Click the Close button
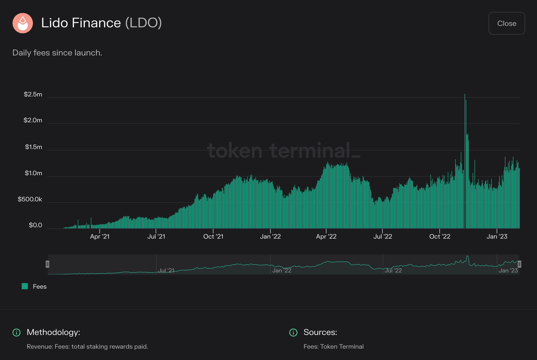pos(507,23)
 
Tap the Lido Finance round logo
pos(23,23)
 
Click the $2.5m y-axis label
pos(33,94)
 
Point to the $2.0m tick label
pos(33,120)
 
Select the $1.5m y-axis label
pos(34,147)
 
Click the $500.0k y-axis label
pos(30,199)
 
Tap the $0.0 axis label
pos(36,225)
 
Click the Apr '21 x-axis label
pos(100,237)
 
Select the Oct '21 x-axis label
pos(213,237)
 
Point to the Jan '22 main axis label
pos(270,237)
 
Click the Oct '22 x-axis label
pos(440,237)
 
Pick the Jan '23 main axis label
pos(497,237)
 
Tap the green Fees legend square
pos(25,286)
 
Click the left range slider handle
pos(47,264)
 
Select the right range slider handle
pos(519,264)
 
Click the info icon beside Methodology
pos(16,332)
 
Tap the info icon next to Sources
pos(293,332)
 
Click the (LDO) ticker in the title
pos(143,23)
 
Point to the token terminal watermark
pos(284,150)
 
